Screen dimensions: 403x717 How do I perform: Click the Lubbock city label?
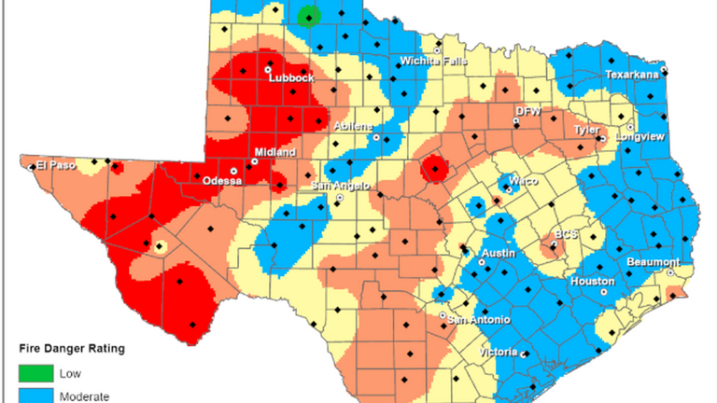(x=290, y=78)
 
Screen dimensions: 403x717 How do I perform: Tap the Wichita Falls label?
(x=429, y=62)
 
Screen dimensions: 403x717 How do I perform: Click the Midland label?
(x=275, y=151)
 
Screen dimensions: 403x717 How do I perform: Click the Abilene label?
(x=355, y=127)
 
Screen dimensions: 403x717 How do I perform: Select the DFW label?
(x=528, y=110)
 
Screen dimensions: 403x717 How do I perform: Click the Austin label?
(x=499, y=253)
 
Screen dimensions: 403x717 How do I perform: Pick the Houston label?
(x=592, y=281)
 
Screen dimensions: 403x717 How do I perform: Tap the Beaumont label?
(x=652, y=262)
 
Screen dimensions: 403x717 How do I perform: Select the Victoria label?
(x=498, y=352)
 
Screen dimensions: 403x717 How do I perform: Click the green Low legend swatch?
(x=33, y=374)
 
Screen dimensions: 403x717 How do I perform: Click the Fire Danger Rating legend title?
(x=72, y=349)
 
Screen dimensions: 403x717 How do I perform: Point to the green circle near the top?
(x=308, y=16)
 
